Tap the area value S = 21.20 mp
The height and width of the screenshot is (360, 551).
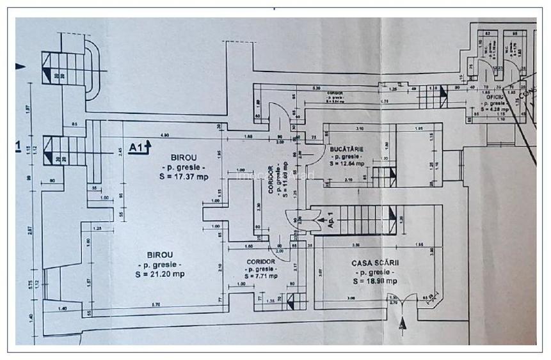160,274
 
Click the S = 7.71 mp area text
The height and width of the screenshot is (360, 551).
259,276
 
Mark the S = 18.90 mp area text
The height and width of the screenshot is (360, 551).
374,280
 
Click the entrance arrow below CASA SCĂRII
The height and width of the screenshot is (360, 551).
402,324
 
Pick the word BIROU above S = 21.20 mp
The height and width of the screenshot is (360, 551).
159,254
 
